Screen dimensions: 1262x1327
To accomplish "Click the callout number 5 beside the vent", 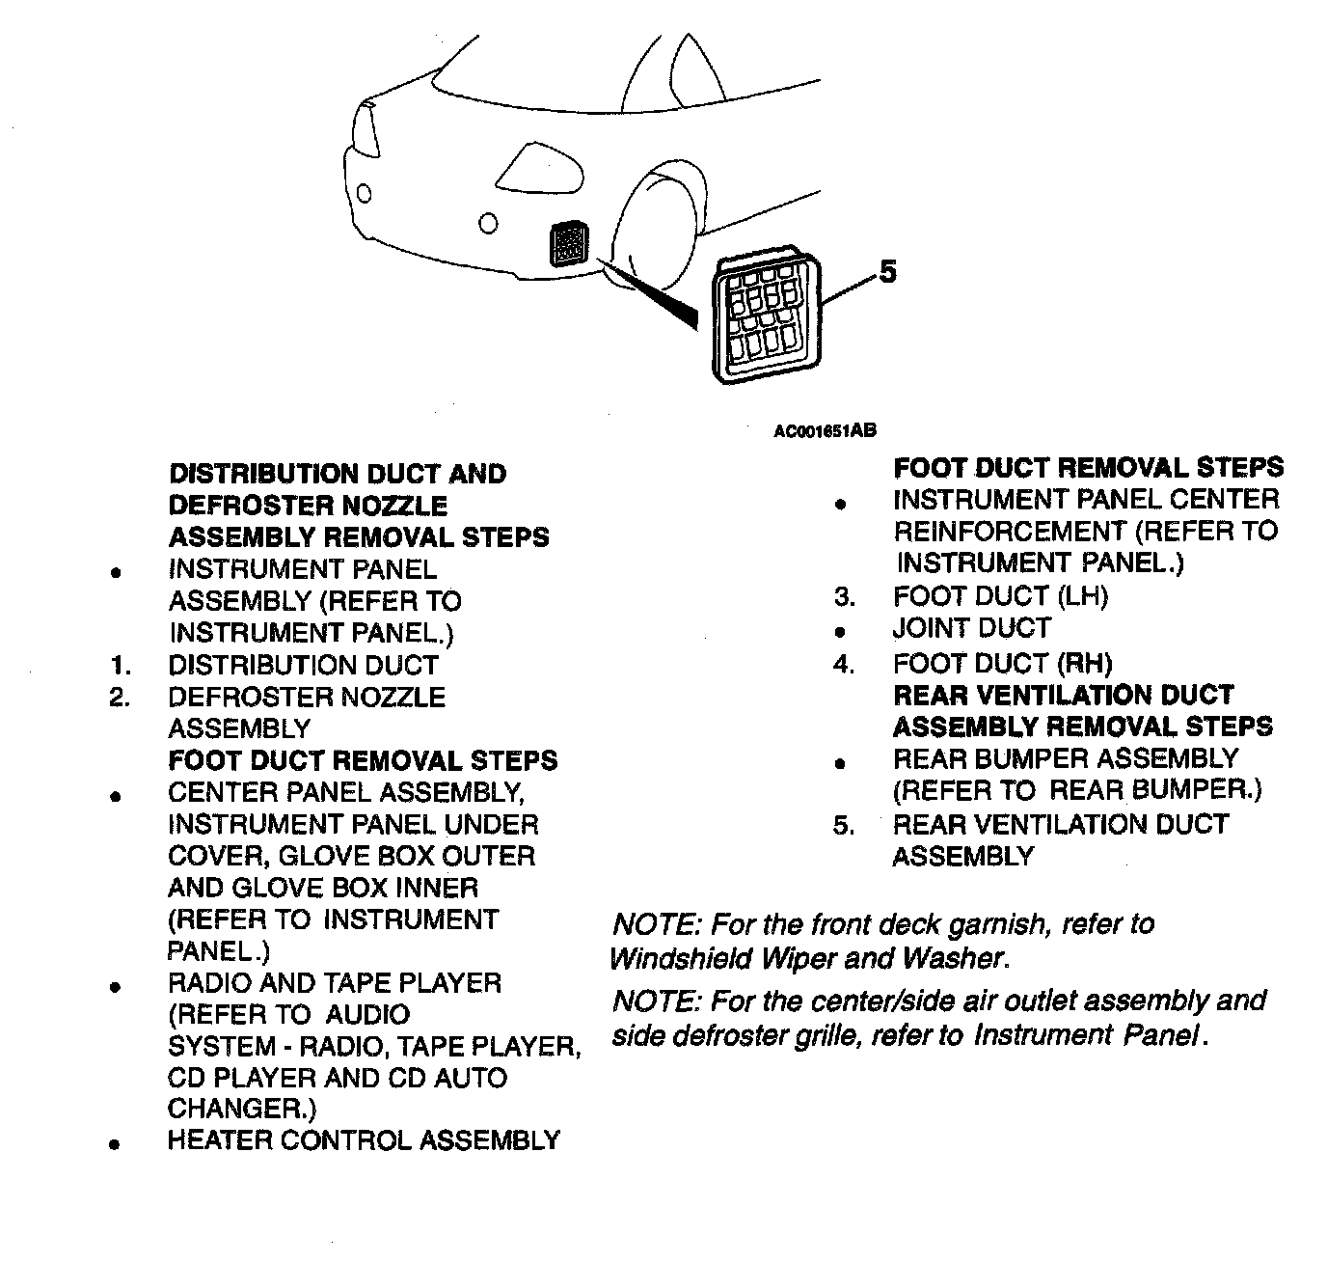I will (x=887, y=272).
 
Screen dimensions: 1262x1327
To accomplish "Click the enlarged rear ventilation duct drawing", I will (x=768, y=319).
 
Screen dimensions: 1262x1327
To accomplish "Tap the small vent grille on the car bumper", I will (x=567, y=244).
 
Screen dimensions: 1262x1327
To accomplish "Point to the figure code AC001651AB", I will (x=825, y=431).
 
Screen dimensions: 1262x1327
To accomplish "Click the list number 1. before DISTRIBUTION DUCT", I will (x=120, y=666).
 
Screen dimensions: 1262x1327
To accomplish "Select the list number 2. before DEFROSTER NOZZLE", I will (x=120, y=698).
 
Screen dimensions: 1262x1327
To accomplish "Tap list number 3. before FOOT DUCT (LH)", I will (x=845, y=597).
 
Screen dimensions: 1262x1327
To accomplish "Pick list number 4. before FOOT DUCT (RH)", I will (x=845, y=665).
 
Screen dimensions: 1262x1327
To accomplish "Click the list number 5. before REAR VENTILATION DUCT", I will (x=845, y=826).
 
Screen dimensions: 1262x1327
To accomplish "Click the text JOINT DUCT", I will (x=971, y=629).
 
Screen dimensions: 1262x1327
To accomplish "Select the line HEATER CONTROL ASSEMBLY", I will (x=364, y=1140).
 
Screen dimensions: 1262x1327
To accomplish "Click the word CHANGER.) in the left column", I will (x=242, y=1109).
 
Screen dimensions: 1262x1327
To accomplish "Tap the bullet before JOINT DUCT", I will (x=841, y=633).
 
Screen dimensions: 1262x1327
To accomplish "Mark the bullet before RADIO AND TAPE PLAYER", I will (x=115, y=987).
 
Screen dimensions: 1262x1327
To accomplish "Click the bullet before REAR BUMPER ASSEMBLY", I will (x=841, y=763).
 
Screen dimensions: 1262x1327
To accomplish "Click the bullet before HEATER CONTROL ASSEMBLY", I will (x=115, y=1144).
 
